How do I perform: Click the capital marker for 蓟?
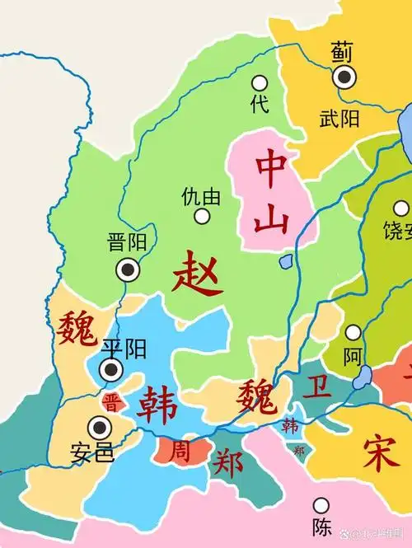point(344,77)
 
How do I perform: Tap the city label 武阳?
point(339,119)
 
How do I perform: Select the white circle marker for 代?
point(260,82)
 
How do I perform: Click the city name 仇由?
point(202,197)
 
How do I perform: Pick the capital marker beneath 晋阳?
point(127,269)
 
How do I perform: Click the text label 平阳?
point(124,349)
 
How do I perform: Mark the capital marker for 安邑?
point(101,427)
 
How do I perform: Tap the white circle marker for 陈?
point(321,504)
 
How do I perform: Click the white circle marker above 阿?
point(353,333)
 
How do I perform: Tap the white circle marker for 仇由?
point(202,217)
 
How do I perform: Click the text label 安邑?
point(92,452)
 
